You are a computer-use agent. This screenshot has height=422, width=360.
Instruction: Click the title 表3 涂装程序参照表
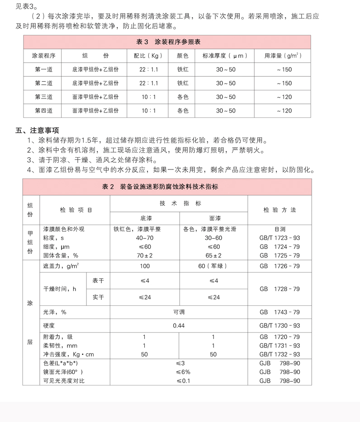coord(168,42)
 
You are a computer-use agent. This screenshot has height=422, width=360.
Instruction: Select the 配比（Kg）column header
coord(148,56)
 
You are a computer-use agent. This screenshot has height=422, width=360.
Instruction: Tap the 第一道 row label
coord(43,70)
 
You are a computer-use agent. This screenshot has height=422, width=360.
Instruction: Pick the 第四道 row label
coord(43,111)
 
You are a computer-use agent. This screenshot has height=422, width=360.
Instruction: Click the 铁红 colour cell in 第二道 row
coord(183,83)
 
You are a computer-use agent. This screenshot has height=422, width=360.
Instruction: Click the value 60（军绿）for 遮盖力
coord(213,266)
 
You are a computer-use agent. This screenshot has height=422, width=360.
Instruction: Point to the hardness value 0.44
coord(179,325)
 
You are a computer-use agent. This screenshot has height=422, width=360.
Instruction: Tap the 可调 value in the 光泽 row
coord(179,312)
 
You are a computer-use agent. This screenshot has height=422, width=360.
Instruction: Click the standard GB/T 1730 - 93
coord(279,325)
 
